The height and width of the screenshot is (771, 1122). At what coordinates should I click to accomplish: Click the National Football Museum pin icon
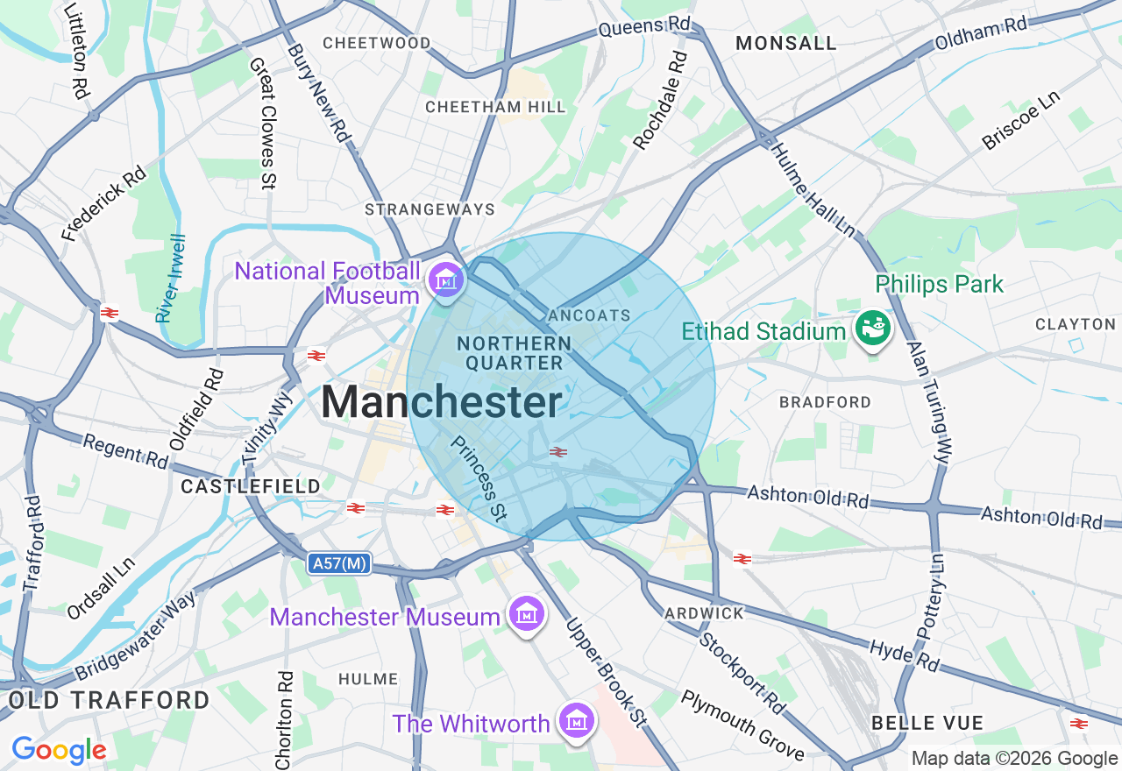pyautogui.click(x=446, y=280)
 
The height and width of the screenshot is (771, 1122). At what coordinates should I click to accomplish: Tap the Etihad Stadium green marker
pyautogui.click(x=874, y=329)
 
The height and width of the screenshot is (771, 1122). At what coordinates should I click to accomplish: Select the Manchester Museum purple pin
pyautogui.click(x=526, y=615)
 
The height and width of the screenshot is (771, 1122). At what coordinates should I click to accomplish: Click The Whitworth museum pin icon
pyautogui.click(x=577, y=721)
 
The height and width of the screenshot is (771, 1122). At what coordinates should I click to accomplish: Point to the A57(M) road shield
pyautogui.click(x=338, y=564)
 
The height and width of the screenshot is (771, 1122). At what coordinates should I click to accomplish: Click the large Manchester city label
pyautogui.click(x=441, y=403)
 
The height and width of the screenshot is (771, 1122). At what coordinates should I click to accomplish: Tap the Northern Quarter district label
pyautogui.click(x=514, y=353)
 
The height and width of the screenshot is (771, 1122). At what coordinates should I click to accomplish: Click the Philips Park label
pyautogui.click(x=940, y=285)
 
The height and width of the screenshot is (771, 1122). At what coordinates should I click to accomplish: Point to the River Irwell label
pyautogui.click(x=170, y=278)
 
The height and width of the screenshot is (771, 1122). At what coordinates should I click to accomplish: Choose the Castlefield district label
pyautogui.click(x=238, y=485)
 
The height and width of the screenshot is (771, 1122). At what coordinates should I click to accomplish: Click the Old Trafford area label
pyautogui.click(x=109, y=700)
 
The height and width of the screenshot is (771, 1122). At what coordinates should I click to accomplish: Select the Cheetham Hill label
pyautogui.click(x=495, y=107)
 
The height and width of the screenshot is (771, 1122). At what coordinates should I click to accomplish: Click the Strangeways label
pyautogui.click(x=430, y=209)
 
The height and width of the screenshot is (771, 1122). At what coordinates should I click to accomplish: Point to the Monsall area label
pyautogui.click(x=785, y=43)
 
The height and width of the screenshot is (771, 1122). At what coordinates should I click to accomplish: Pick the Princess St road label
pyautogui.click(x=479, y=478)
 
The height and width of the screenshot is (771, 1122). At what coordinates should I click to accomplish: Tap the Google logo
pyautogui.click(x=59, y=751)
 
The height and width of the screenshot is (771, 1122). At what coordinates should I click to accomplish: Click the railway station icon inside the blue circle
pyautogui.click(x=557, y=452)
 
